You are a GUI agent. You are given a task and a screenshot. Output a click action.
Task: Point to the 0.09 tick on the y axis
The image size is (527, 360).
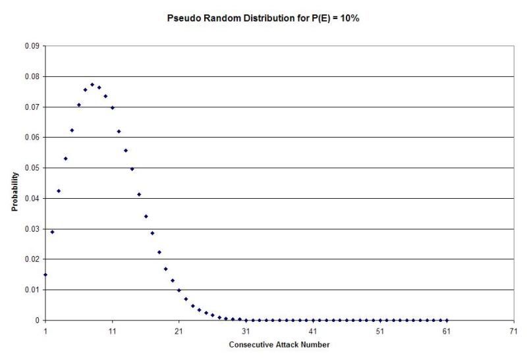coord(32,46)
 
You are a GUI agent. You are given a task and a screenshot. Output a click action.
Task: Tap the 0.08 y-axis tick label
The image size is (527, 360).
coord(32,76)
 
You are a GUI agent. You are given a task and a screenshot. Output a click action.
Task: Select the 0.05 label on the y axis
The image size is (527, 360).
coord(32,168)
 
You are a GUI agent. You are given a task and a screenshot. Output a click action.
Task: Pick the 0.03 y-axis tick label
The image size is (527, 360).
coord(32,229)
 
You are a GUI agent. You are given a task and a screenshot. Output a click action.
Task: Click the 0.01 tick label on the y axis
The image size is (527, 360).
coord(32,290)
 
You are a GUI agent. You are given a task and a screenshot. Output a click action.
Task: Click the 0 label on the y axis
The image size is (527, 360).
coord(37,321)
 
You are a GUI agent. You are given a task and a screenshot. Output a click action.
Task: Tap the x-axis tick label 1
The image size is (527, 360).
coord(45,331)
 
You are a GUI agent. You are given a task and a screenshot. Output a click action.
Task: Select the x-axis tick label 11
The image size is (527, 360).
coord(112,331)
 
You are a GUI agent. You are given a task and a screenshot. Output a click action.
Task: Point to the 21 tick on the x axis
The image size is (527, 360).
coord(179,331)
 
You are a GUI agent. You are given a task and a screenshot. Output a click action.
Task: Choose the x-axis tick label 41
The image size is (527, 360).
coord(313,331)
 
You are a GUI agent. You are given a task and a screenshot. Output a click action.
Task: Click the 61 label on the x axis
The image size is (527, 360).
coord(447,331)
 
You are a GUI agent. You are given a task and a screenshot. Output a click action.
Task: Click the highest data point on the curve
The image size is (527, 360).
coord(92,85)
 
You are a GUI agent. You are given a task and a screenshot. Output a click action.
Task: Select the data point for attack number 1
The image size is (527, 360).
coord(45,274)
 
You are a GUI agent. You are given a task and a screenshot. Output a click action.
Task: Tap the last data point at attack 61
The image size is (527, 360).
coord(447,320)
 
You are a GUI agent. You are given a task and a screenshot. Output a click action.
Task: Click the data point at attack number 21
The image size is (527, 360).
coord(179,290)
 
